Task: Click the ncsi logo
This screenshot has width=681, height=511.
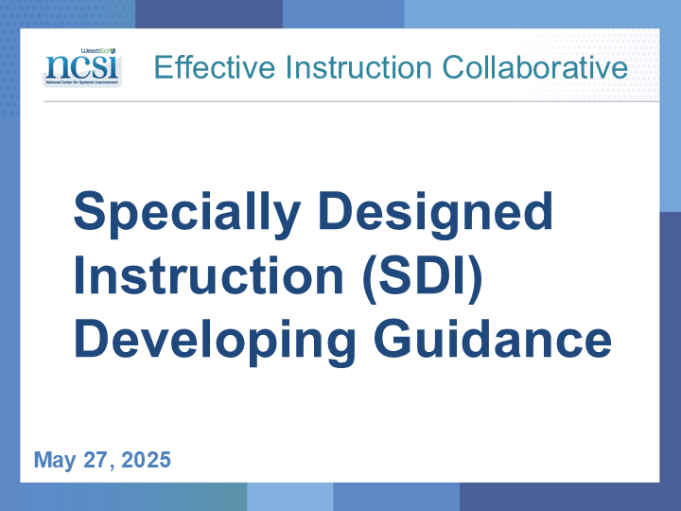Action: click(x=82, y=67)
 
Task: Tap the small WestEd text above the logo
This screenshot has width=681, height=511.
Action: click(x=98, y=51)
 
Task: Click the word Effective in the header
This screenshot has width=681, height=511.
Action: click(x=215, y=67)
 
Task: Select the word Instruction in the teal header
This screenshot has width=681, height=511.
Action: click(x=358, y=67)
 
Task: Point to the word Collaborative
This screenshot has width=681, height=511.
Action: click(x=535, y=67)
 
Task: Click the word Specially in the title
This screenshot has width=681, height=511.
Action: click(x=187, y=214)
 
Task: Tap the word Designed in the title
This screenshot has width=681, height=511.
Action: click(x=436, y=214)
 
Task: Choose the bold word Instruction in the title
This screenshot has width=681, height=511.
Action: click(x=209, y=275)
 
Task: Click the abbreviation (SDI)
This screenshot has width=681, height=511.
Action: click(x=422, y=278)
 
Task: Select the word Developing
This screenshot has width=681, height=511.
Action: click(x=216, y=342)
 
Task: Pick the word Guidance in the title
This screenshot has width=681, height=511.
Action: click(x=493, y=338)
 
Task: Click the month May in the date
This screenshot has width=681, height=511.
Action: click(x=55, y=461)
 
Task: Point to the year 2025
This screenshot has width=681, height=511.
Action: click(x=146, y=460)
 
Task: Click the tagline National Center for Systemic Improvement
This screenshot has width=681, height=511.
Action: click(x=82, y=82)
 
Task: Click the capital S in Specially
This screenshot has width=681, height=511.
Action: click(x=90, y=210)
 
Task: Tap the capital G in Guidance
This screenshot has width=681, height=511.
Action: click(x=393, y=338)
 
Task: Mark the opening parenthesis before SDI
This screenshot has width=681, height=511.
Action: click(x=370, y=278)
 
